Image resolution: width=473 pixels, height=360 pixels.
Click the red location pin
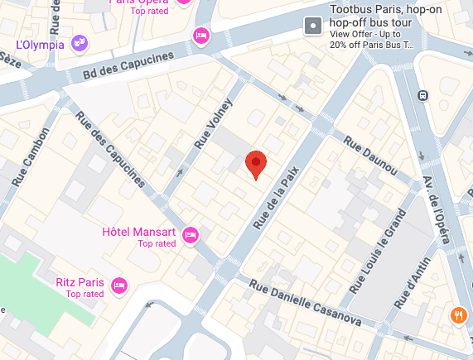[x=257, y=164]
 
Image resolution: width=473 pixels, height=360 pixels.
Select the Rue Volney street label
[x=214, y=125]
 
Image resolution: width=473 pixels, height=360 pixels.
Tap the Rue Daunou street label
[x=371, y=155]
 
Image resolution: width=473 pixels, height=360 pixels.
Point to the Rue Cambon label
[x=31, y=156]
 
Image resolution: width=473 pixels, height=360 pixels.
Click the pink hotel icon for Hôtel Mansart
[x=190, y=236]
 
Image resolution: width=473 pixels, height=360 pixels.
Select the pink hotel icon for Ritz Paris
[x=118, y=286]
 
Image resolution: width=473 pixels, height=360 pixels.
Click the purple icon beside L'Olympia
[x=80, y=42]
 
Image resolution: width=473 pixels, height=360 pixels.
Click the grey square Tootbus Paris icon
[x=313, y=26]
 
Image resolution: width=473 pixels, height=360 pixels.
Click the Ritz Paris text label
[x=80, y=282]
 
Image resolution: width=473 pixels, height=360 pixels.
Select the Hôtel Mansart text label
[x=138, y=231]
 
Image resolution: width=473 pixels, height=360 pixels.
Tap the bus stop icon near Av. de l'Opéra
[x=422, y=94]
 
